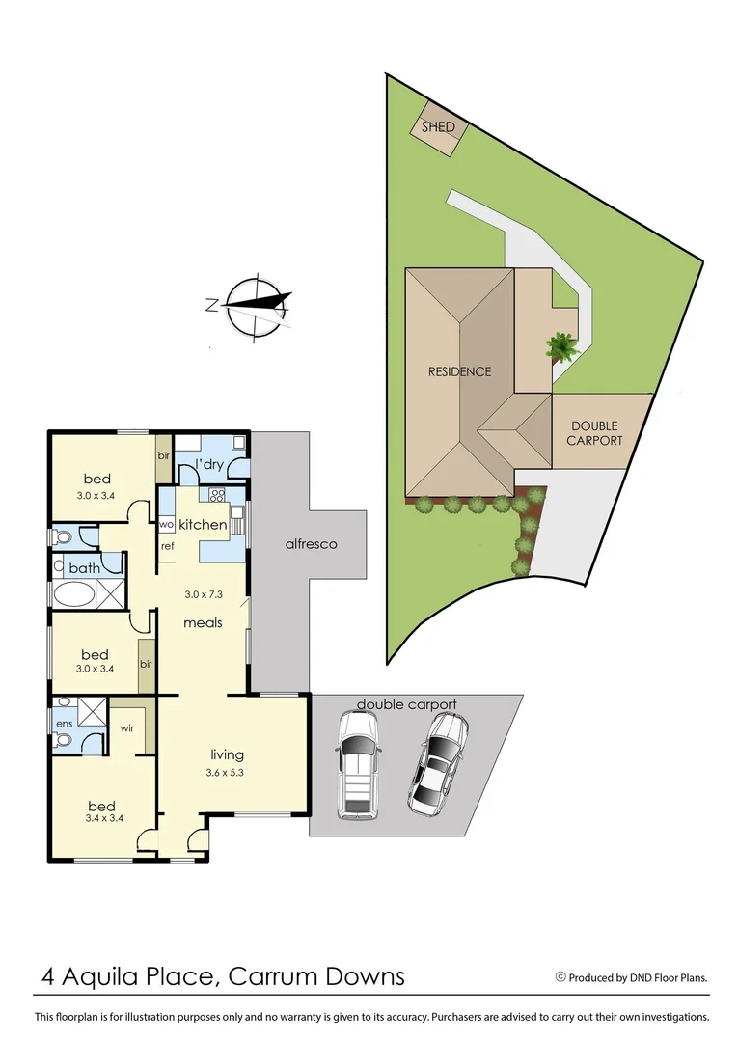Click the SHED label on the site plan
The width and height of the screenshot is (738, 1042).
pyautogui.click(x=438, y=127)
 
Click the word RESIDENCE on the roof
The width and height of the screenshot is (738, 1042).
pyautogui.click(x=460, y=371)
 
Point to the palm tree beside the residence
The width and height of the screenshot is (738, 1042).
pyautogui.click(x=559, y=345)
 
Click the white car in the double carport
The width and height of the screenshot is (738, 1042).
pyautogui.click(x=356, y=765)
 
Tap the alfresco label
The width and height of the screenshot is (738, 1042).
pyautogui.click(x=310, y=544)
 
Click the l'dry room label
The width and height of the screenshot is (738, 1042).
pyautogui.click(x=210, y=465)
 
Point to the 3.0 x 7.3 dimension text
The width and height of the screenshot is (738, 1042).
pyautogui.click(x=203, y=594)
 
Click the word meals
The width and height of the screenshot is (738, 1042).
pyautogui.click(x=204, y=622)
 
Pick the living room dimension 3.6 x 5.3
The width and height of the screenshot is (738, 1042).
pyautogui.click(x=228, y=772)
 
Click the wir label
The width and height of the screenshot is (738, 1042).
pyautogui.click(x=127, y=728)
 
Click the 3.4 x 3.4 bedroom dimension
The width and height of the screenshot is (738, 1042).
pyautogui.click(x=101, y=820)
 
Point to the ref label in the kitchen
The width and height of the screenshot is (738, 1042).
pyautogui.click(x=167, y=546)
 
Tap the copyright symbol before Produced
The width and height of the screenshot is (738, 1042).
pyautogui.click(x=560, y=977)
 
